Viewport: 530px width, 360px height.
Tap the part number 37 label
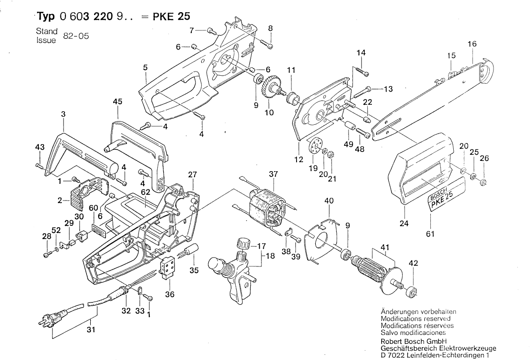[274, 174]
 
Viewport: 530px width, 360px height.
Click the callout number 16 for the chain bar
[472, 44]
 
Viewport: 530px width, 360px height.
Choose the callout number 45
[117, 101]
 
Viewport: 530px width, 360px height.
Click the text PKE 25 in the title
[171, 16]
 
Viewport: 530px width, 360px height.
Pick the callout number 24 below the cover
[404, 223]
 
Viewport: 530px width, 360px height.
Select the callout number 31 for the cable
[91, 330]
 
